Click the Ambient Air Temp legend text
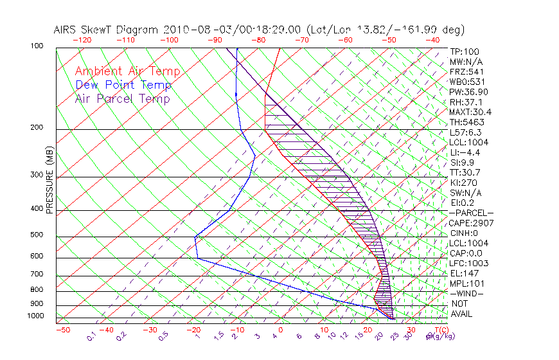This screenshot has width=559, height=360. (127, 71)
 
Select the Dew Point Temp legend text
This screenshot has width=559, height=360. (123, 85)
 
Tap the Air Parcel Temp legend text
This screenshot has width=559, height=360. (122, 98)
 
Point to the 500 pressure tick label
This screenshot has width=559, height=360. (37, 235)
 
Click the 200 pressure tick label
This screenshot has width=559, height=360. (37, 127)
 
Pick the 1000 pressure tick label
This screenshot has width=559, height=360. (35, 316)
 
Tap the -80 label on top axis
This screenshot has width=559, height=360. (258, 40)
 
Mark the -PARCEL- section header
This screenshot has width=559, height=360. (471, 213)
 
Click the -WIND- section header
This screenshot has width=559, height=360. (467, 293)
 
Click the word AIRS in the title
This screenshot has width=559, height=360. (66, 30)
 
